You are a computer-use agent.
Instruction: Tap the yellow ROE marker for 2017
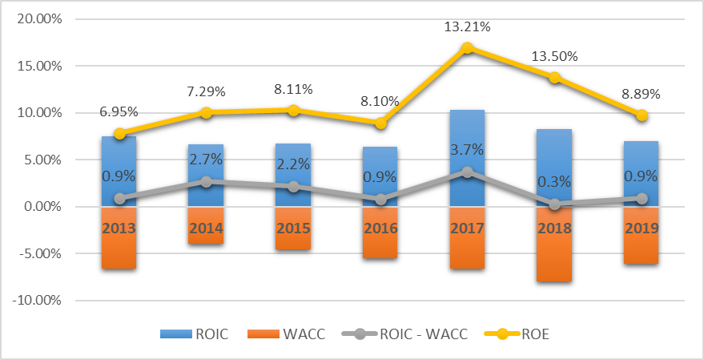[x=467, y=48]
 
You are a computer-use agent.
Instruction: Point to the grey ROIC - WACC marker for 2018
[x=554, y=204]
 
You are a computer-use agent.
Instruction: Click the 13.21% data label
[x=467, y=27]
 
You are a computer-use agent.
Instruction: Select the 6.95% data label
[x=119, y=113]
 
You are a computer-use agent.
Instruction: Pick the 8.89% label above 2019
[x=641, y=94]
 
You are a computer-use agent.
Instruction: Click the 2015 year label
[x=293, y=228]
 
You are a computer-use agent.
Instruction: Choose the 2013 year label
[x=119, y=228]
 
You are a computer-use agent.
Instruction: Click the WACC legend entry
[x=307, y=334]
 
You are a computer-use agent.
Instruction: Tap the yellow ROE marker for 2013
[x=119, y=134]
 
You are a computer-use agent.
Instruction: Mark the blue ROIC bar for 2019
[x=642, y=160]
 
